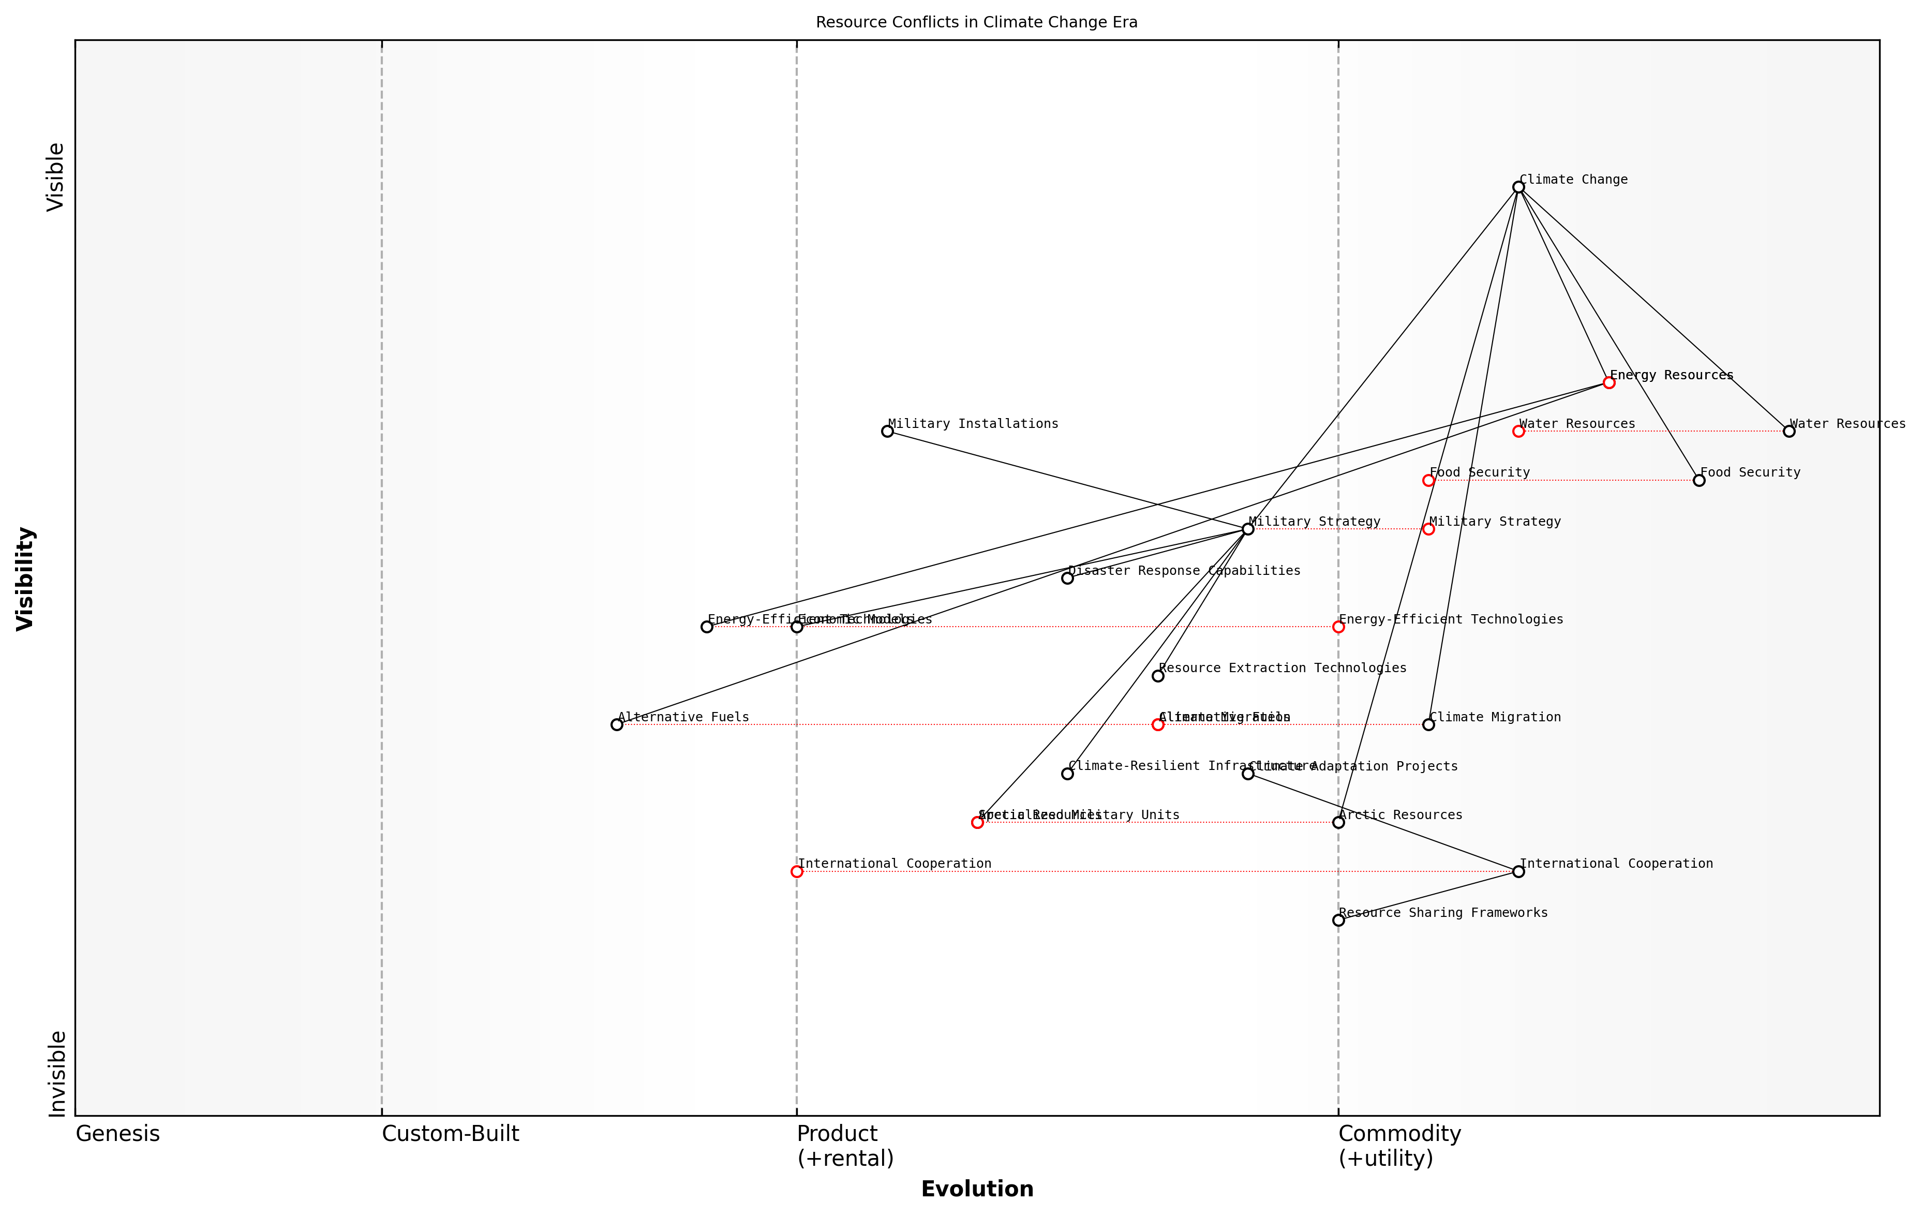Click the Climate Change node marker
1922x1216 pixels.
click(1518, 187)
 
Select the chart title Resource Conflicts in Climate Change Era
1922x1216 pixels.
click(976, 22)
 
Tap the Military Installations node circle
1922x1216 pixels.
click(887, 431)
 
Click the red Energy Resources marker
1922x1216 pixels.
click(1608, 382)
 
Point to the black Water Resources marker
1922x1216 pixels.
click(1789, 431)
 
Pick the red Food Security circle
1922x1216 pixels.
click(1428, 480)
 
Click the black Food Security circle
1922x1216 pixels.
click(1698, 480)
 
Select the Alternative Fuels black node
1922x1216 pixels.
click(616, 724)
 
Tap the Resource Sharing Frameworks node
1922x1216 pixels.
click(1338, 920)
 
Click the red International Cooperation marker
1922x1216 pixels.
click(797, 871)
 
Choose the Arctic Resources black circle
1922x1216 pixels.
click(1338, 822)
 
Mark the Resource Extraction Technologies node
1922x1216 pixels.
click(1157, 675)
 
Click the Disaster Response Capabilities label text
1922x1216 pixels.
click(1184, 571)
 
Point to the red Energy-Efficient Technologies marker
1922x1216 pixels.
click(1338, 627)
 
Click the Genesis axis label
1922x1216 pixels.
click(117, 1134)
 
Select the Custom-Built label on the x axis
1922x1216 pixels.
click(450, 1134)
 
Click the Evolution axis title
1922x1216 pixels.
click(976, 1189)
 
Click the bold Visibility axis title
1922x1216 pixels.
click(25, 578)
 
